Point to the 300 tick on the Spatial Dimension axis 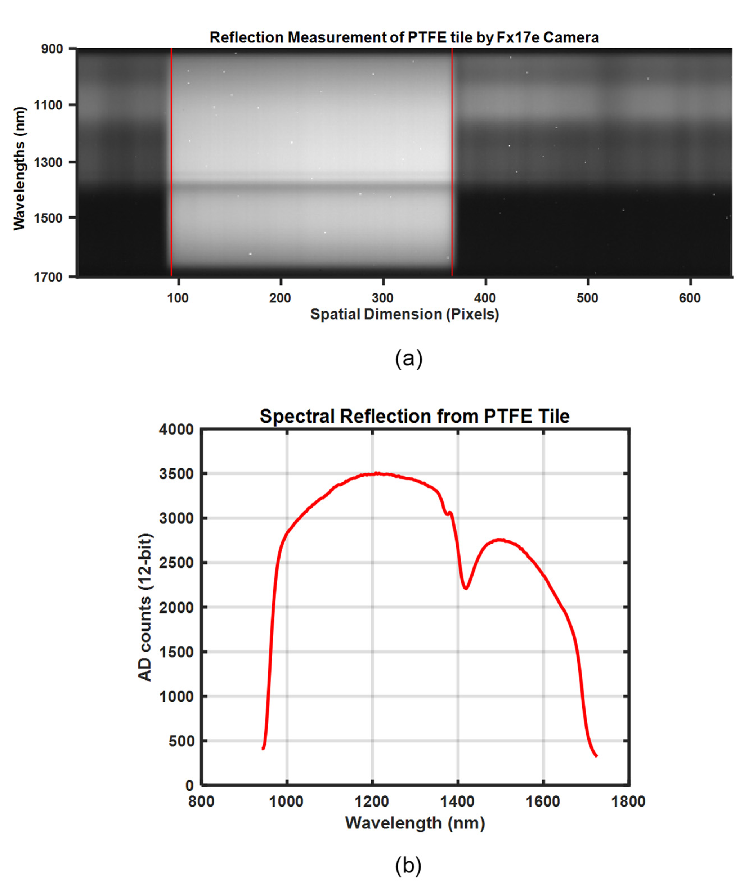(383, 298)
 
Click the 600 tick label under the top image (690, 298)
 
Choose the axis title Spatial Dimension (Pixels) (404, 315)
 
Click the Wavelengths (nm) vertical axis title (19, 168)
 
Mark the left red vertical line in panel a (171, 161)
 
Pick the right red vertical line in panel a (452, 161)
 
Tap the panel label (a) (409, 359)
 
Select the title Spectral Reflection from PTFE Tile (414, 417)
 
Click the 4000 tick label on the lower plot (176, 430)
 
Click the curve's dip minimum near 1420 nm (466, 589)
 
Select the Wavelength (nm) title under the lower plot (415, 823)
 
